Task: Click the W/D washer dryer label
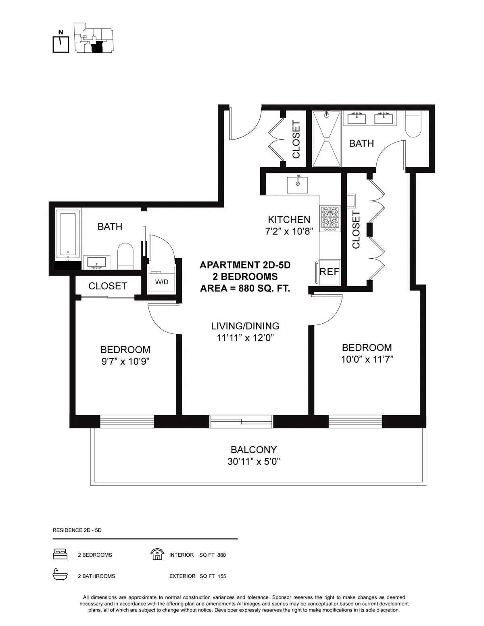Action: (162, 282)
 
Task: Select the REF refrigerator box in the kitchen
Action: (330, 272)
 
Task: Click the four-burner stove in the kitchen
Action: (330, 218)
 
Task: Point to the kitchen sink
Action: (298, 185)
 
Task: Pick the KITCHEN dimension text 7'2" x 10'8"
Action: (289, 232)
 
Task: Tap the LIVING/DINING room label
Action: (245, 326)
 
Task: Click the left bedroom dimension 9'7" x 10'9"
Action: (125, 362)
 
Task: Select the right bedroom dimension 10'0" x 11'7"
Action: (367, 359)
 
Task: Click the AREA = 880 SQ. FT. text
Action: (245, 289)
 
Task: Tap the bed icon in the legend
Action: (60, 555)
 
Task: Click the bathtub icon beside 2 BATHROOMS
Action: (60, 576)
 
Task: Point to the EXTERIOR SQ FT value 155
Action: (221, 576)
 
